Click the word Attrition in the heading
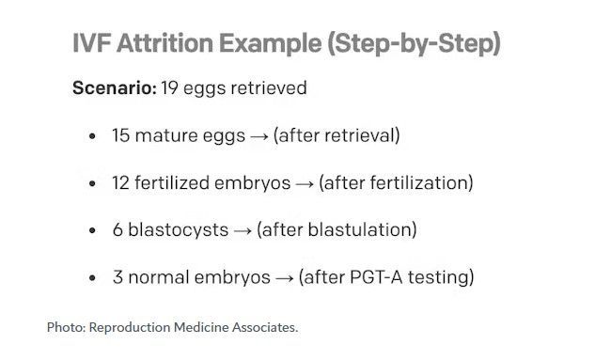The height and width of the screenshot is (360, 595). [x=164, y=43]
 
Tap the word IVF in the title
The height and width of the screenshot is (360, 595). [x=91, y=43]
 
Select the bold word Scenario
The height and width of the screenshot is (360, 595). [x=115, y=88]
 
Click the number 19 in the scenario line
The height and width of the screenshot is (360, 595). [x=169, y=88]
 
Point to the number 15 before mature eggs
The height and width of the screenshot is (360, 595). [x=120, y=135]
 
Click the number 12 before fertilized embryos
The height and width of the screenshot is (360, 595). [x=120, y=183]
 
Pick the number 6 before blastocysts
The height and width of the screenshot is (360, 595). [x=117, y=230]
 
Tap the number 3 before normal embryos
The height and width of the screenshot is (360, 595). [x=117, y=277]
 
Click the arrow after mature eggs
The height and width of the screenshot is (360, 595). [x=259, y=136]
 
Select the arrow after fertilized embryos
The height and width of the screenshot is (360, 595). [x=305, y=184]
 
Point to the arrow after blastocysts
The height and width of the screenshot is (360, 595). [x=243, y=231]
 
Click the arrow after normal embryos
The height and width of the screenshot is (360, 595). [x=285, y=278]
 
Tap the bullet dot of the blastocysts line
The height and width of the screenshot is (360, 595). [x=92, y=230]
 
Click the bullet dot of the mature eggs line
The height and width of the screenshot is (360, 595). [x=92, y=136]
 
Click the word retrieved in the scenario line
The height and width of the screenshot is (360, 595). [x=269, y=88]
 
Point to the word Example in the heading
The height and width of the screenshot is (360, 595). [x=271, y=43]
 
